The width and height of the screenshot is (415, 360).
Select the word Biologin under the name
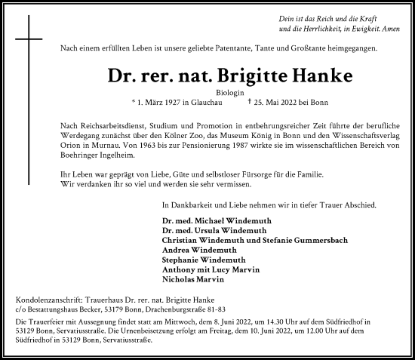(207, 90)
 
